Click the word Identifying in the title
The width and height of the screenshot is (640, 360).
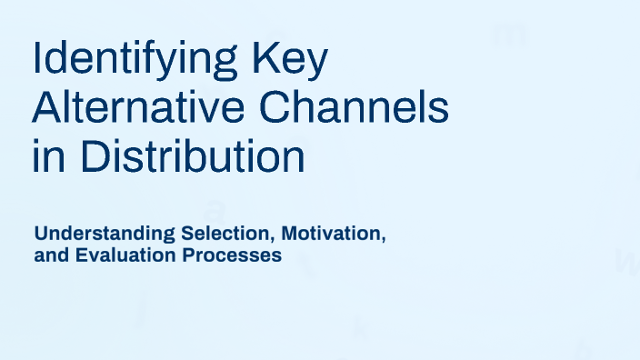pyautogui.click(x=124, y=62)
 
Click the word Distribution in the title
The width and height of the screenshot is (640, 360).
pyautogui.click(x=191, y=156)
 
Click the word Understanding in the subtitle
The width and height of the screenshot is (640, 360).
pyautogui.click(x=97, y=235)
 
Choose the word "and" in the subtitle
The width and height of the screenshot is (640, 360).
pyautogui.click(x=49, y=256)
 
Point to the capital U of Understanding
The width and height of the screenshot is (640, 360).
pyautogui.click(x=41, y=235)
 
